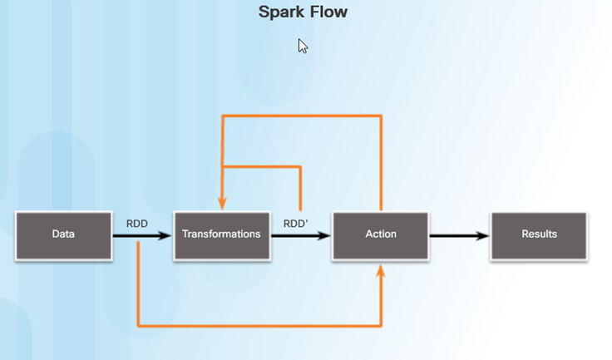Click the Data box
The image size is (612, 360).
64,236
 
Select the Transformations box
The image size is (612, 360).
222,236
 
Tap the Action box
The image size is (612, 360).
381,236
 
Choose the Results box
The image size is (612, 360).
539,236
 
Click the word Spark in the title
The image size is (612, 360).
278,12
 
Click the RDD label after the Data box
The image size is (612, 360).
137,224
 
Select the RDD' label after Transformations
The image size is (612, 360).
295,224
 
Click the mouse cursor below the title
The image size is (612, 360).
303,46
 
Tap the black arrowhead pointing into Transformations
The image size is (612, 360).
164,235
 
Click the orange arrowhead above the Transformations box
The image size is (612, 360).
222,203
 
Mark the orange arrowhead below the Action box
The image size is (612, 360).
381,272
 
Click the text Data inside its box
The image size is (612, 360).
63,234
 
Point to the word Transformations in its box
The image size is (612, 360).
221,234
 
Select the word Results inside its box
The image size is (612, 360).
540,234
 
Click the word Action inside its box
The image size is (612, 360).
381,234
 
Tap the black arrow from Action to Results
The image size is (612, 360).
459,235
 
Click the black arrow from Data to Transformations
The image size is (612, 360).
142,235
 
